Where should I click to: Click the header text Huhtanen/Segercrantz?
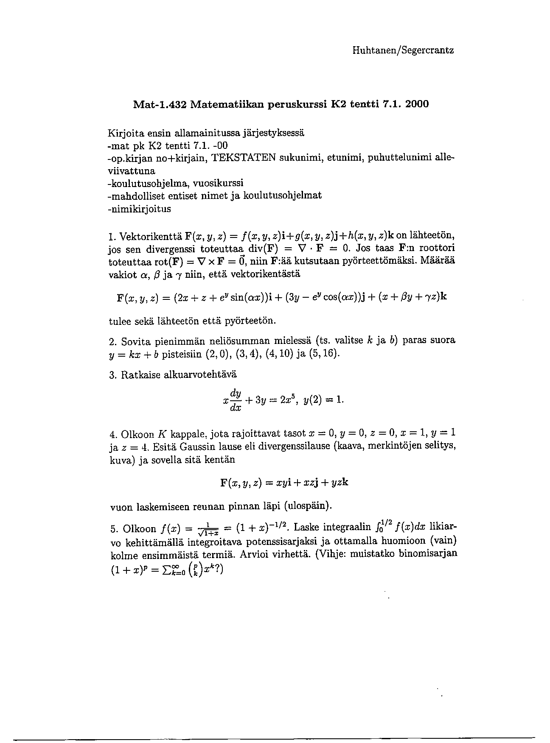coord(403,50)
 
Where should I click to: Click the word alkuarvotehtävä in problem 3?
coord(201,375)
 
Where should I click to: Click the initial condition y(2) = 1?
coord(324,399)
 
